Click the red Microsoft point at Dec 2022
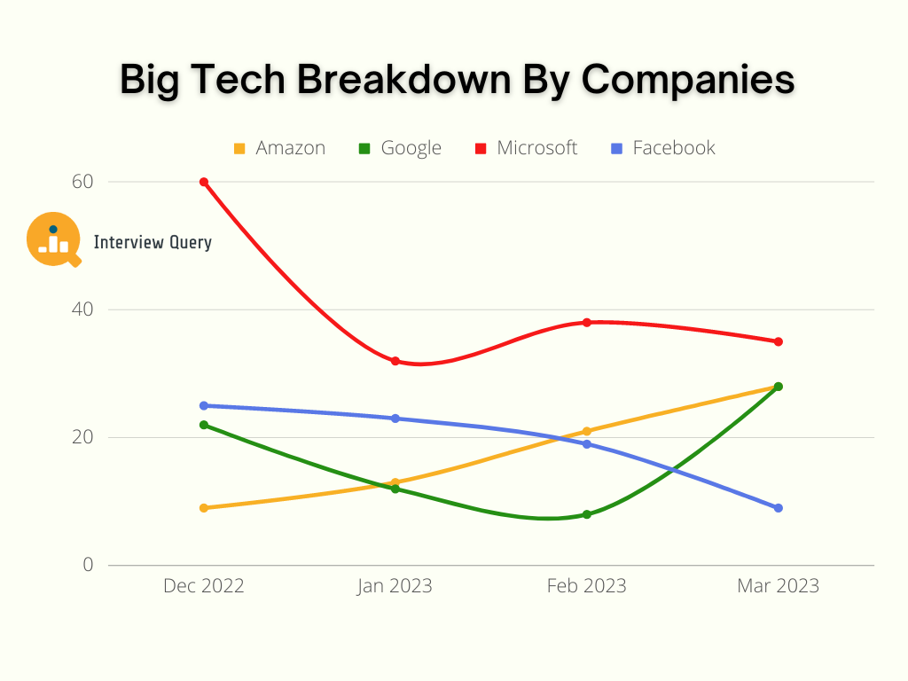[x=204, y=182]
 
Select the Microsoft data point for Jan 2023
[x=395, y=361]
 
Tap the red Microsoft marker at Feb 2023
[x=587, y=322]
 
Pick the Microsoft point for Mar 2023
[x=779, y=341]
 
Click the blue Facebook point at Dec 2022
[x=204, y=405]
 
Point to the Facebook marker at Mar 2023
[x=779, y=508]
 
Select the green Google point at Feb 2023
[x=587, y=514]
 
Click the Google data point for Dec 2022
[x=204, y=425]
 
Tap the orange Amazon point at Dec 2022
[x=204, y=508]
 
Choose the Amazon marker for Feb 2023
[x=587, y=431]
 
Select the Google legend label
[x=411, y=148]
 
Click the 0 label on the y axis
[x=89, y=564]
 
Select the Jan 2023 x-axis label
[x=395, y=586]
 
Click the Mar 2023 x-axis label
[x=778, y=586]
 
